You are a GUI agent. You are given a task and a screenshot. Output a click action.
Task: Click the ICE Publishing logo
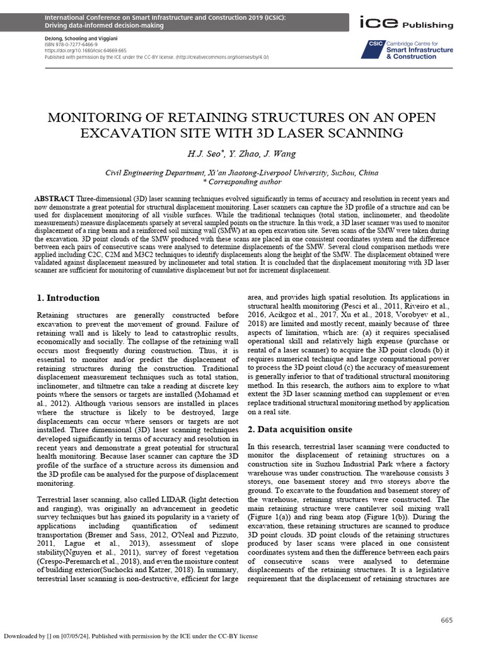(405, 24)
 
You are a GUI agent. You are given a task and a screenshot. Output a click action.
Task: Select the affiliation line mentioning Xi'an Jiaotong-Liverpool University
(242, 172)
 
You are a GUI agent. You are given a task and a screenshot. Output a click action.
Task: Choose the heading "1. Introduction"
(68, 298)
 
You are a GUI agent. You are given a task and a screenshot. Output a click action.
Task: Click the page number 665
(447, 621)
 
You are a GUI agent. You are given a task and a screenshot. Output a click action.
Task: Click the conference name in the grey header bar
(164, 18)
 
